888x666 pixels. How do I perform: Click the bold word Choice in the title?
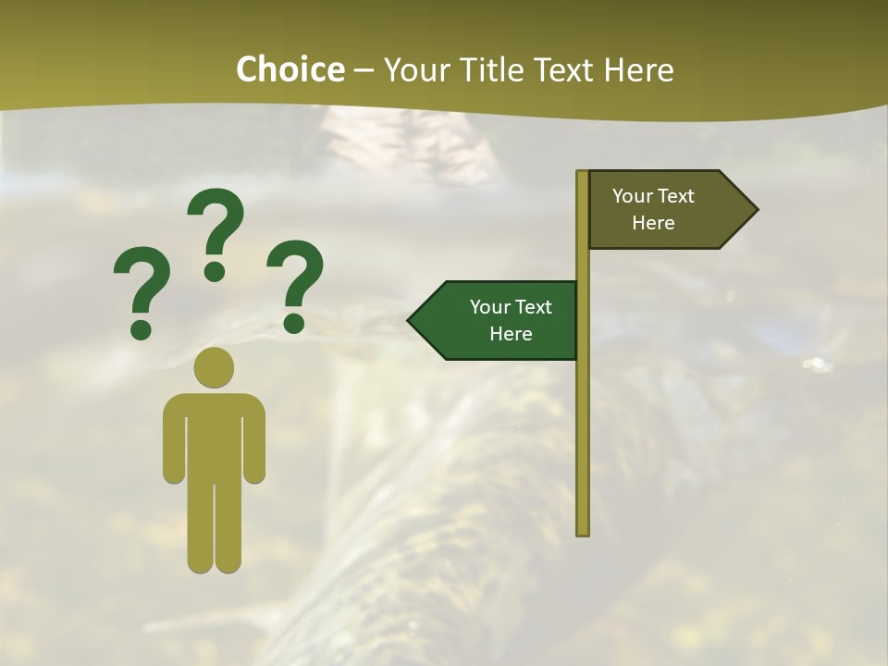coord(290,69)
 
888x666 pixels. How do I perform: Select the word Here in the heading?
coord(637,69)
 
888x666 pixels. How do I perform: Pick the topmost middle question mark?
coord(216,234)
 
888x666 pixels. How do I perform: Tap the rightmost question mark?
coord(296,285)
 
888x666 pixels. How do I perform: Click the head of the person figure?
coord(214,367)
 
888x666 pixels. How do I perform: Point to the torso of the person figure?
coord(214,435)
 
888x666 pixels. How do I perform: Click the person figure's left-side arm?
coord(173,439)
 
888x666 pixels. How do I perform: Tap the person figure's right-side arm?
coord(254,439)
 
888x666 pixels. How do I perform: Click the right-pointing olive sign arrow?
coord(671,209)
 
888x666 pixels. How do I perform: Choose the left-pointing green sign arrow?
coord(495,320)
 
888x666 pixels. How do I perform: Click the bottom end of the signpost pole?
coord(583,531)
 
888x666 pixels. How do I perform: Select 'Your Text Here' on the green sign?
coord(511,320)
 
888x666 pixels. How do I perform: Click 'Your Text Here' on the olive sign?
coord(653,209)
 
